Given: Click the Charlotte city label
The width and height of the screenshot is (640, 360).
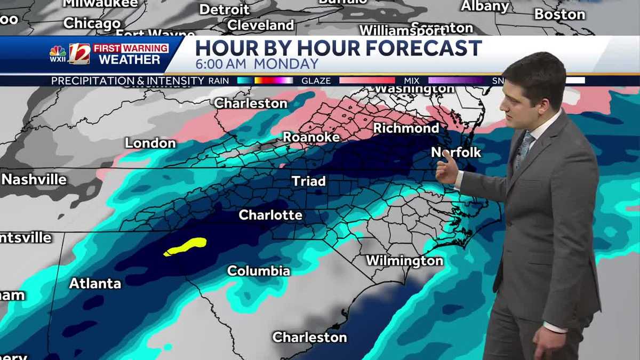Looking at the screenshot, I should tap(270, 215).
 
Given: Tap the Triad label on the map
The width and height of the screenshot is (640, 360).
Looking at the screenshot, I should tap(308, 181).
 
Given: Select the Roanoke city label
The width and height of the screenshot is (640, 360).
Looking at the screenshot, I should tap(311, 137).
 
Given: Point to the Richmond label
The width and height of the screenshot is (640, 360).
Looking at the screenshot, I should tap(406, 128).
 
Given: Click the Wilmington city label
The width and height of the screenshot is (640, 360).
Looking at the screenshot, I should tap(404, 261).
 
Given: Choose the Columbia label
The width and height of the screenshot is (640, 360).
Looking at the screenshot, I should tap(259, 270).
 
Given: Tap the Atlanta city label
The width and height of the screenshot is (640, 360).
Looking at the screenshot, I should tap(95, 283).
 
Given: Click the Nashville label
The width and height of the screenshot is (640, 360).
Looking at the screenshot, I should tap(34, 179).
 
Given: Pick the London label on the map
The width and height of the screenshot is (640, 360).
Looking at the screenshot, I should tap(150, 143).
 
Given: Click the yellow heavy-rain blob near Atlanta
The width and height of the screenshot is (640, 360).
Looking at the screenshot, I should tap(186, 246).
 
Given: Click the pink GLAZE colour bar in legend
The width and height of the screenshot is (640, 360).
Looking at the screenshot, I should tap(366, 81).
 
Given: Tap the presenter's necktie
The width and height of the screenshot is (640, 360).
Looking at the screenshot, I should tap(525, 149).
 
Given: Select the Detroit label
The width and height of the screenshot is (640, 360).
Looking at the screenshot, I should tap(225, 9).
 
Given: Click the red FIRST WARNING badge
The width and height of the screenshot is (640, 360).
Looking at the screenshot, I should tap(131, 48).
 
